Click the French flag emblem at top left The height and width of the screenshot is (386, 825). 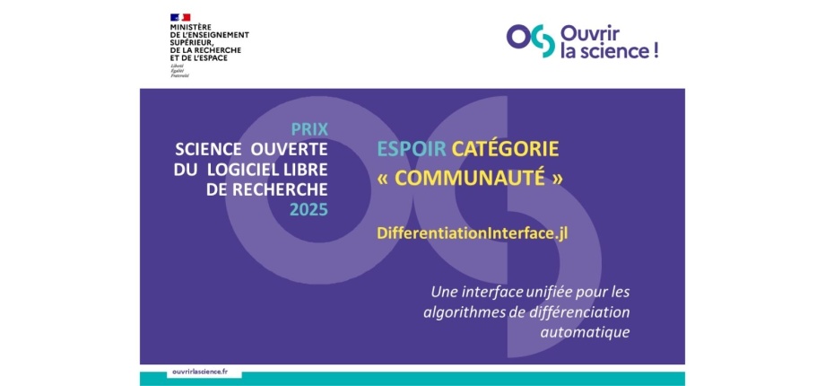(180, 17)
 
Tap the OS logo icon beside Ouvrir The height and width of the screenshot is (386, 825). (530, 40)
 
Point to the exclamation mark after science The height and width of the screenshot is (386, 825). (656, 51)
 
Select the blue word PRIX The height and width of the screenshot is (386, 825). (309, 129)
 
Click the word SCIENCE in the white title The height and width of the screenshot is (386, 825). (208, 150)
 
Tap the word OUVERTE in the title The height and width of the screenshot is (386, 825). (289, 150)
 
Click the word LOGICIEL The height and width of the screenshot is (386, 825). (238, 170)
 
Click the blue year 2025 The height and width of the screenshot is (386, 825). (308, 209)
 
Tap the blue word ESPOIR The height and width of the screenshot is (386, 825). (412, 150)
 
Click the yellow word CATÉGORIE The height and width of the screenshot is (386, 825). (505, 150)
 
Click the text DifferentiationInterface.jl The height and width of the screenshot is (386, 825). (472, 233)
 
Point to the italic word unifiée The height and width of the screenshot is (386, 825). (521, 292)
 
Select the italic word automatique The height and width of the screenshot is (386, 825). (585, 333)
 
